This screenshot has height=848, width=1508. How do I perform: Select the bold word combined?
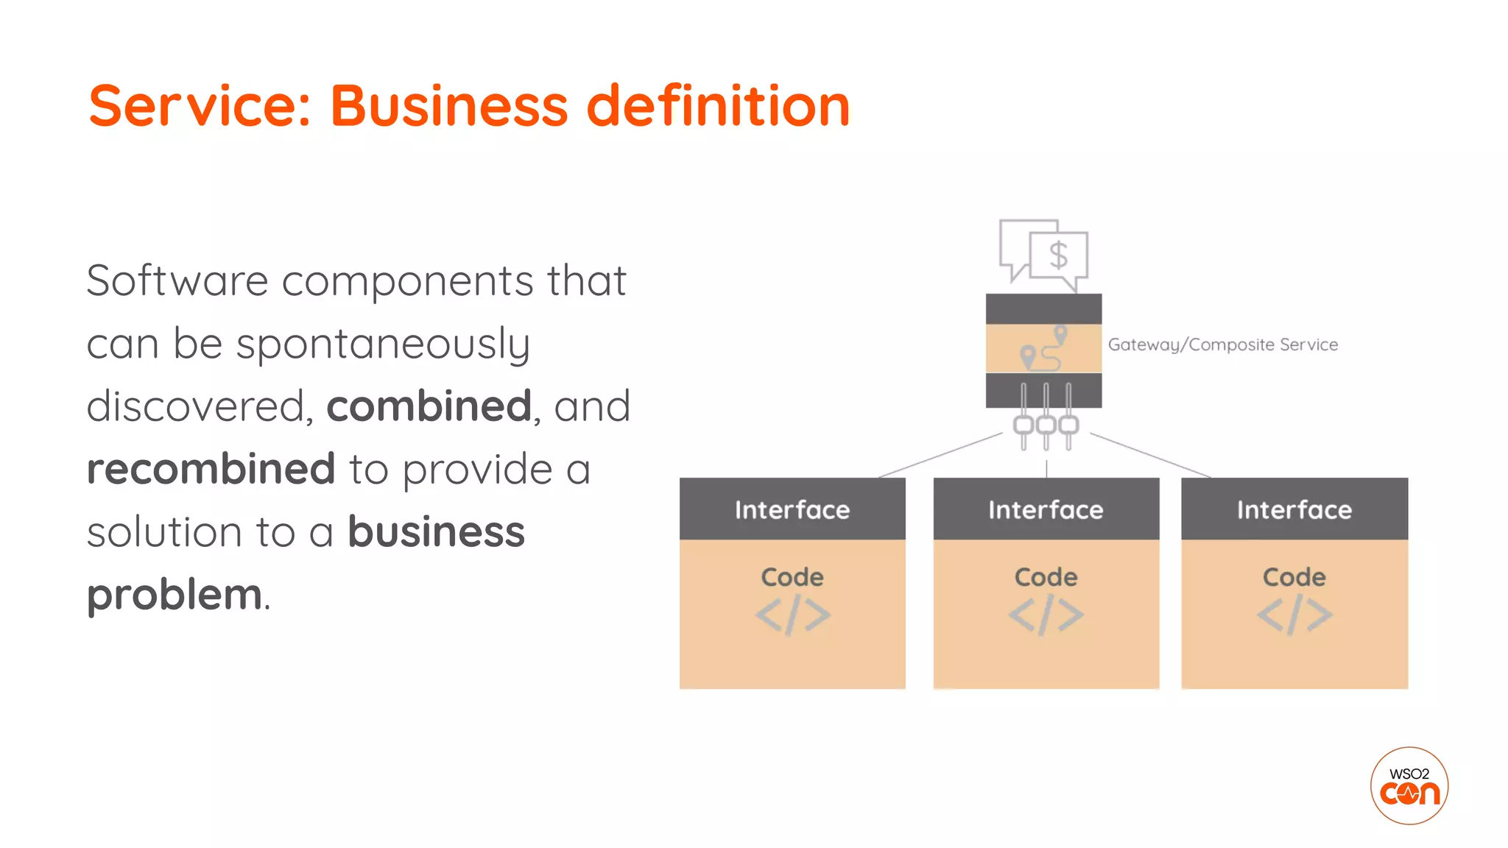click(x=429, y=406)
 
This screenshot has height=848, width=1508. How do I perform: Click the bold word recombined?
click(x=211, y=469)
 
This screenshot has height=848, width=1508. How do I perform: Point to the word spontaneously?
click(x=382, y=344)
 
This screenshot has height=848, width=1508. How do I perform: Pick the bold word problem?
click(x=175, y=595)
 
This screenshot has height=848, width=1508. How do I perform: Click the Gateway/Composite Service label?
click(x=1222, y=344)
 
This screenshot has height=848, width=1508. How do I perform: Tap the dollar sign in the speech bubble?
click(x=1058, y=255)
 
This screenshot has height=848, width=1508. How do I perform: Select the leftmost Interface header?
click(x=792, y=509)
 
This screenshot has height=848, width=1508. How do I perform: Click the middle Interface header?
click(x=1046, y=509)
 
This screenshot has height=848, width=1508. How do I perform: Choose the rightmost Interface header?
click(x=1294, y=509)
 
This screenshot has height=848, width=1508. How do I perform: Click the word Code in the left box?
click(x=792, y=577)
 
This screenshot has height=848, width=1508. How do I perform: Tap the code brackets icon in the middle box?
click(x=1046, y=616)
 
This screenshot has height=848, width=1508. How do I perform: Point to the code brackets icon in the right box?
click(x=1294, y=616)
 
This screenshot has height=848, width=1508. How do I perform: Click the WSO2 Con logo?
click(x=1409, y=785)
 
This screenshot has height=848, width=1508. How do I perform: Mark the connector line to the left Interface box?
click(x=940, y=456)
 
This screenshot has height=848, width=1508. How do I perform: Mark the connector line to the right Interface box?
click(x=1150, y=456)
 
